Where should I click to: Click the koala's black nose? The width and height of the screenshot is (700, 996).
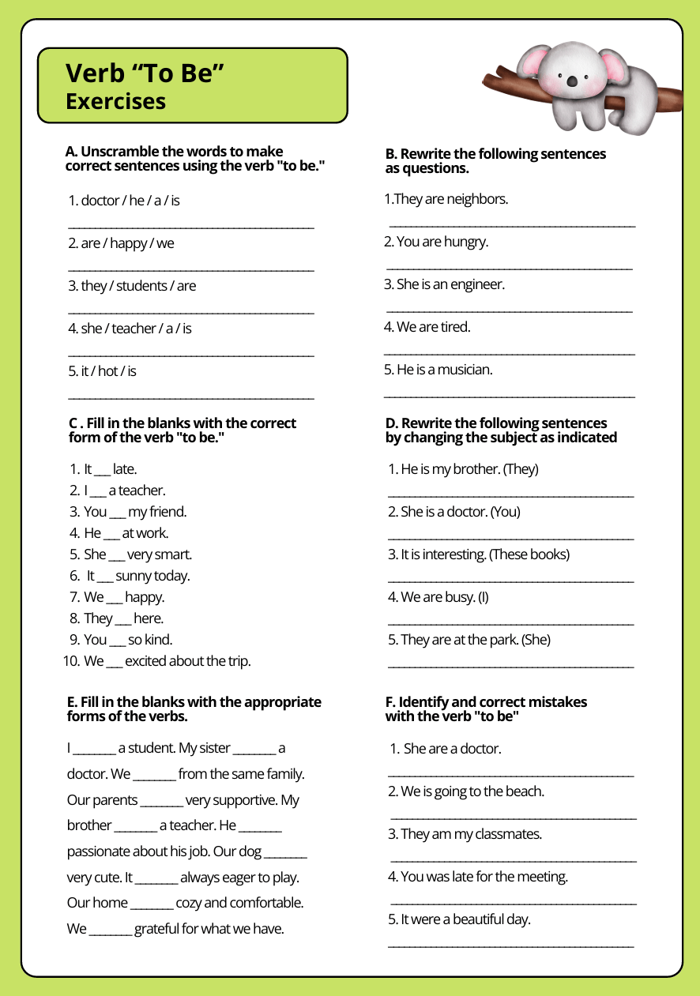[572, 80]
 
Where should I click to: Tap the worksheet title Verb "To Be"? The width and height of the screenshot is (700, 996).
[145, 73]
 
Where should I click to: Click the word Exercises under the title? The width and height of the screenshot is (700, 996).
[115, 101]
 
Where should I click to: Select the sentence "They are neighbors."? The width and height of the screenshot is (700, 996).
[446, 199]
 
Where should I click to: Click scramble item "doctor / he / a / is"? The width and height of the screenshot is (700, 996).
[124, 201]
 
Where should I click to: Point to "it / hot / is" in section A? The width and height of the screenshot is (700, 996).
[102, 371]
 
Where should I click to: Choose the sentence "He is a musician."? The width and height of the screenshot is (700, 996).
[438, 370]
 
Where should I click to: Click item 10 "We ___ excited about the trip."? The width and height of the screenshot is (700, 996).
[156, 661]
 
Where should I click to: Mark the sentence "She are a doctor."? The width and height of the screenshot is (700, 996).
[452, 749]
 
